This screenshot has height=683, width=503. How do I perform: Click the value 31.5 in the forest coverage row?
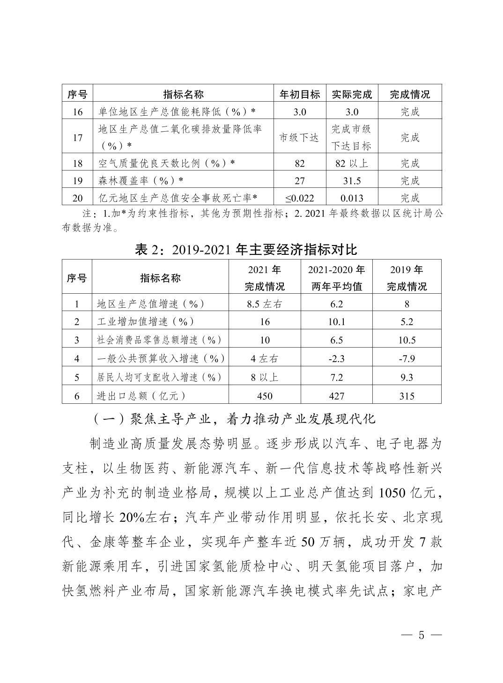pyautogui.click(x=352, y=180)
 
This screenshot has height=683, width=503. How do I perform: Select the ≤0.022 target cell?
pyautogui.click(x=300, y=198)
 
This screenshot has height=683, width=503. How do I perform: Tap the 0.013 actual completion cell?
pyautogui.click(x=352, y=198)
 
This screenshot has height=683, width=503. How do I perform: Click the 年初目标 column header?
pyautogui.click(x=300, y=94)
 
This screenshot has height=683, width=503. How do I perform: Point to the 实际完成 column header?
pyautogui.click(x=352, y=94)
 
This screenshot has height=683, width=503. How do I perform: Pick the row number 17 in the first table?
pyautogui.click(x=78, y=138)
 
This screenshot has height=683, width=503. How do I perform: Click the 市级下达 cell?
pyautogui.click(x=300, y=138)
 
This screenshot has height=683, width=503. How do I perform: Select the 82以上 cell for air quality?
pyautogui.click(x=352, y=163)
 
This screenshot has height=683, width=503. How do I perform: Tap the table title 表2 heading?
pyautogui.click(x=245, y=249)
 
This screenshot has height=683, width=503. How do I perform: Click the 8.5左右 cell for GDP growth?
pyautogui.click(x=265, y=304)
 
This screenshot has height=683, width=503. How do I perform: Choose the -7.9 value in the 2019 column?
pyautogui.click(x=407, y=359)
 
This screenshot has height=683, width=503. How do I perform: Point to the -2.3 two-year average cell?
pyautogui.click(x=336, y=359)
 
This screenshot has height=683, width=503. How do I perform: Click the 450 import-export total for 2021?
pyautogui.click(x=265, y=396)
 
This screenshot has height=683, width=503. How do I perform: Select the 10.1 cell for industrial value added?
pyautogui.click(x=336, y=322)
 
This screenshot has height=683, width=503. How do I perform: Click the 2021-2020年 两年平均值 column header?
pyautogui.click(x=336, y=278)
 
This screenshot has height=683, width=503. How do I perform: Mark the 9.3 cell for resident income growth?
pyautogui.click(x=407, y=378)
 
